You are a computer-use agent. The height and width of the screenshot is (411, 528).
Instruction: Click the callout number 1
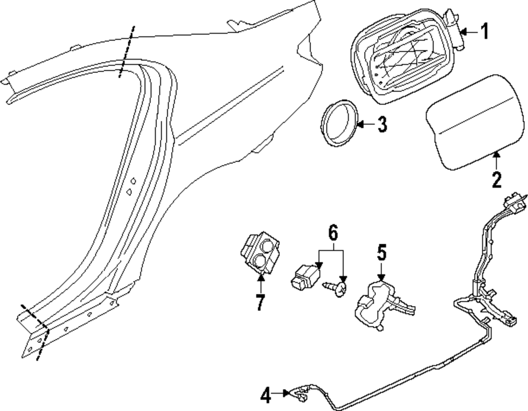pyautogui.click(x=484, y=32)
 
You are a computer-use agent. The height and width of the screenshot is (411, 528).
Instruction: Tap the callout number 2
pyautogui.click(x=496, y=179)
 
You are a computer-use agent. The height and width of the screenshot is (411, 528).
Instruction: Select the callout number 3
pyautogui.click(x=382, y=125)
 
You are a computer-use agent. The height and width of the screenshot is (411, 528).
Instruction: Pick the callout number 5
pyautogui.click(x=381, y=252)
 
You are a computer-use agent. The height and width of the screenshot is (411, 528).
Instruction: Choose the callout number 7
pyautogui.click(x=260, y=303)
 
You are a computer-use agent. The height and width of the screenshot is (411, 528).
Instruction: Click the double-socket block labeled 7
pyautogui.click(x=260, y=253)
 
